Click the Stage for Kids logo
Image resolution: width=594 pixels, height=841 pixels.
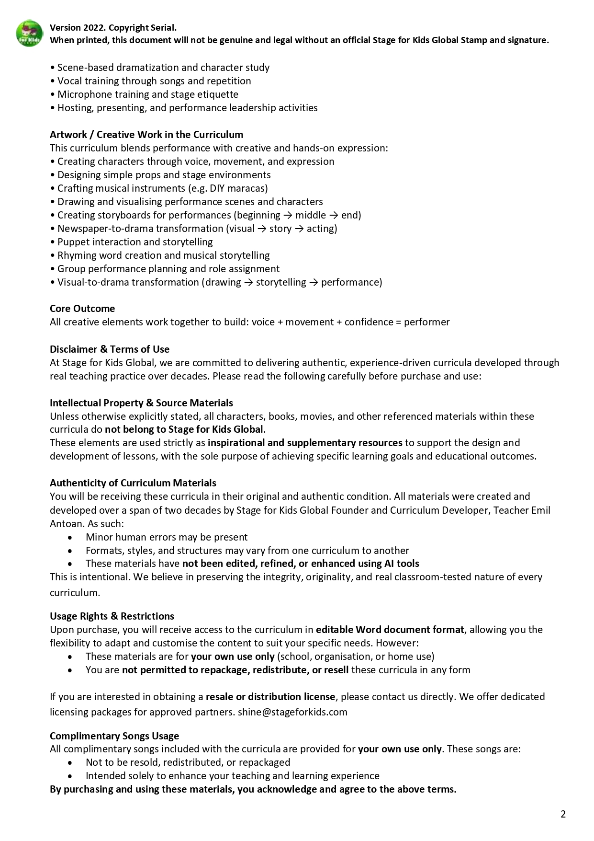click(30, 34)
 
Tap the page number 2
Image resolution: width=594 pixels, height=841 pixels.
click(563, 814)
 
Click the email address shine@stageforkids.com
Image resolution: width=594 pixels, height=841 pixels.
click(292, 712)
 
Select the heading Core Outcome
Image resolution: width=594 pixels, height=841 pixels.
click(82, 309)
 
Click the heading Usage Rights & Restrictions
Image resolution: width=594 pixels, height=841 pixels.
click(112, 616)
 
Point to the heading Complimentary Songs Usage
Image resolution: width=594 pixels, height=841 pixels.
click(114, 736)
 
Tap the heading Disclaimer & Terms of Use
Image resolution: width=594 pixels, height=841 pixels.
click(110, 349)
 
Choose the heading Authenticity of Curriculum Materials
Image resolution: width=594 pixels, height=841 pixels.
click(133, 483)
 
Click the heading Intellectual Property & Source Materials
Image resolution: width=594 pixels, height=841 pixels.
click(141, 403)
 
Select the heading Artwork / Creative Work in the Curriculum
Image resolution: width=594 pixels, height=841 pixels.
click(146, 135)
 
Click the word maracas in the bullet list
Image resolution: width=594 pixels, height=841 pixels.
click(248, 188)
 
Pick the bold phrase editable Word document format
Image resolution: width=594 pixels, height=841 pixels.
click(390, 630)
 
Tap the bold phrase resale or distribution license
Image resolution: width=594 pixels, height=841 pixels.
click(270, 697)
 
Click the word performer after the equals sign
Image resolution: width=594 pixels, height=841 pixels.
click(427, 322)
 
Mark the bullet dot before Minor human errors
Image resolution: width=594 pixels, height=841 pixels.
click(71, 537)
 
